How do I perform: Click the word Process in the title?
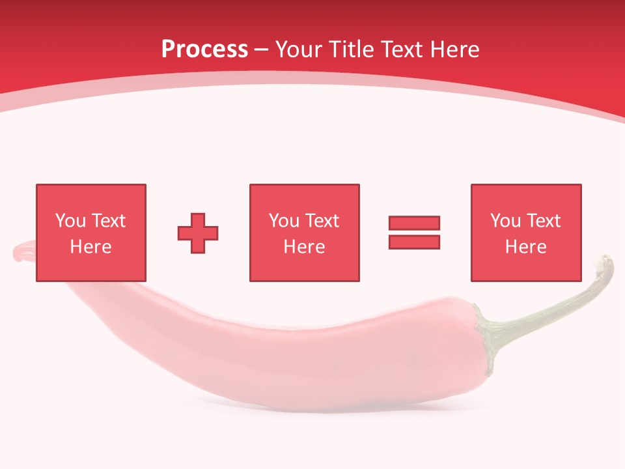204,49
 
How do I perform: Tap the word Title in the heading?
350,49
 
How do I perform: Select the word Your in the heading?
298,49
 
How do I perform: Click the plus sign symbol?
198,233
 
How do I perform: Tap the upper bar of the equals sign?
414,223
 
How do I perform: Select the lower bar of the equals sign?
414,242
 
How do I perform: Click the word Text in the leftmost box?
108,221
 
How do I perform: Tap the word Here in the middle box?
304,247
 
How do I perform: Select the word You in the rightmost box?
506,221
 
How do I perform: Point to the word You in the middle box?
285,221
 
